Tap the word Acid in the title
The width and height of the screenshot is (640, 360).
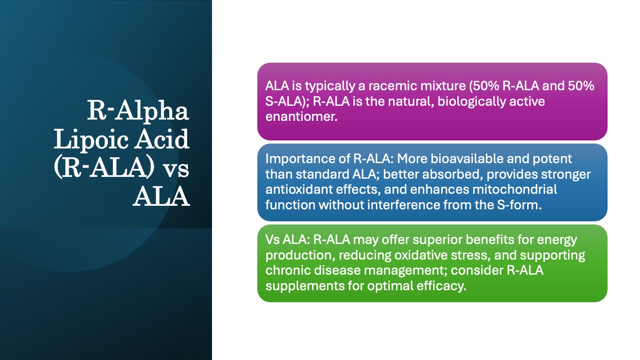click(162, 139)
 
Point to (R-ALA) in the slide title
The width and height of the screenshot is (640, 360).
click(104, 168)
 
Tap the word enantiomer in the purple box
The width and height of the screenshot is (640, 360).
click(301, 116)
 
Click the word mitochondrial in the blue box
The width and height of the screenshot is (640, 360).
click(515, 189)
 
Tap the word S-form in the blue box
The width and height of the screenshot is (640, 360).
click(519, 205)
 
